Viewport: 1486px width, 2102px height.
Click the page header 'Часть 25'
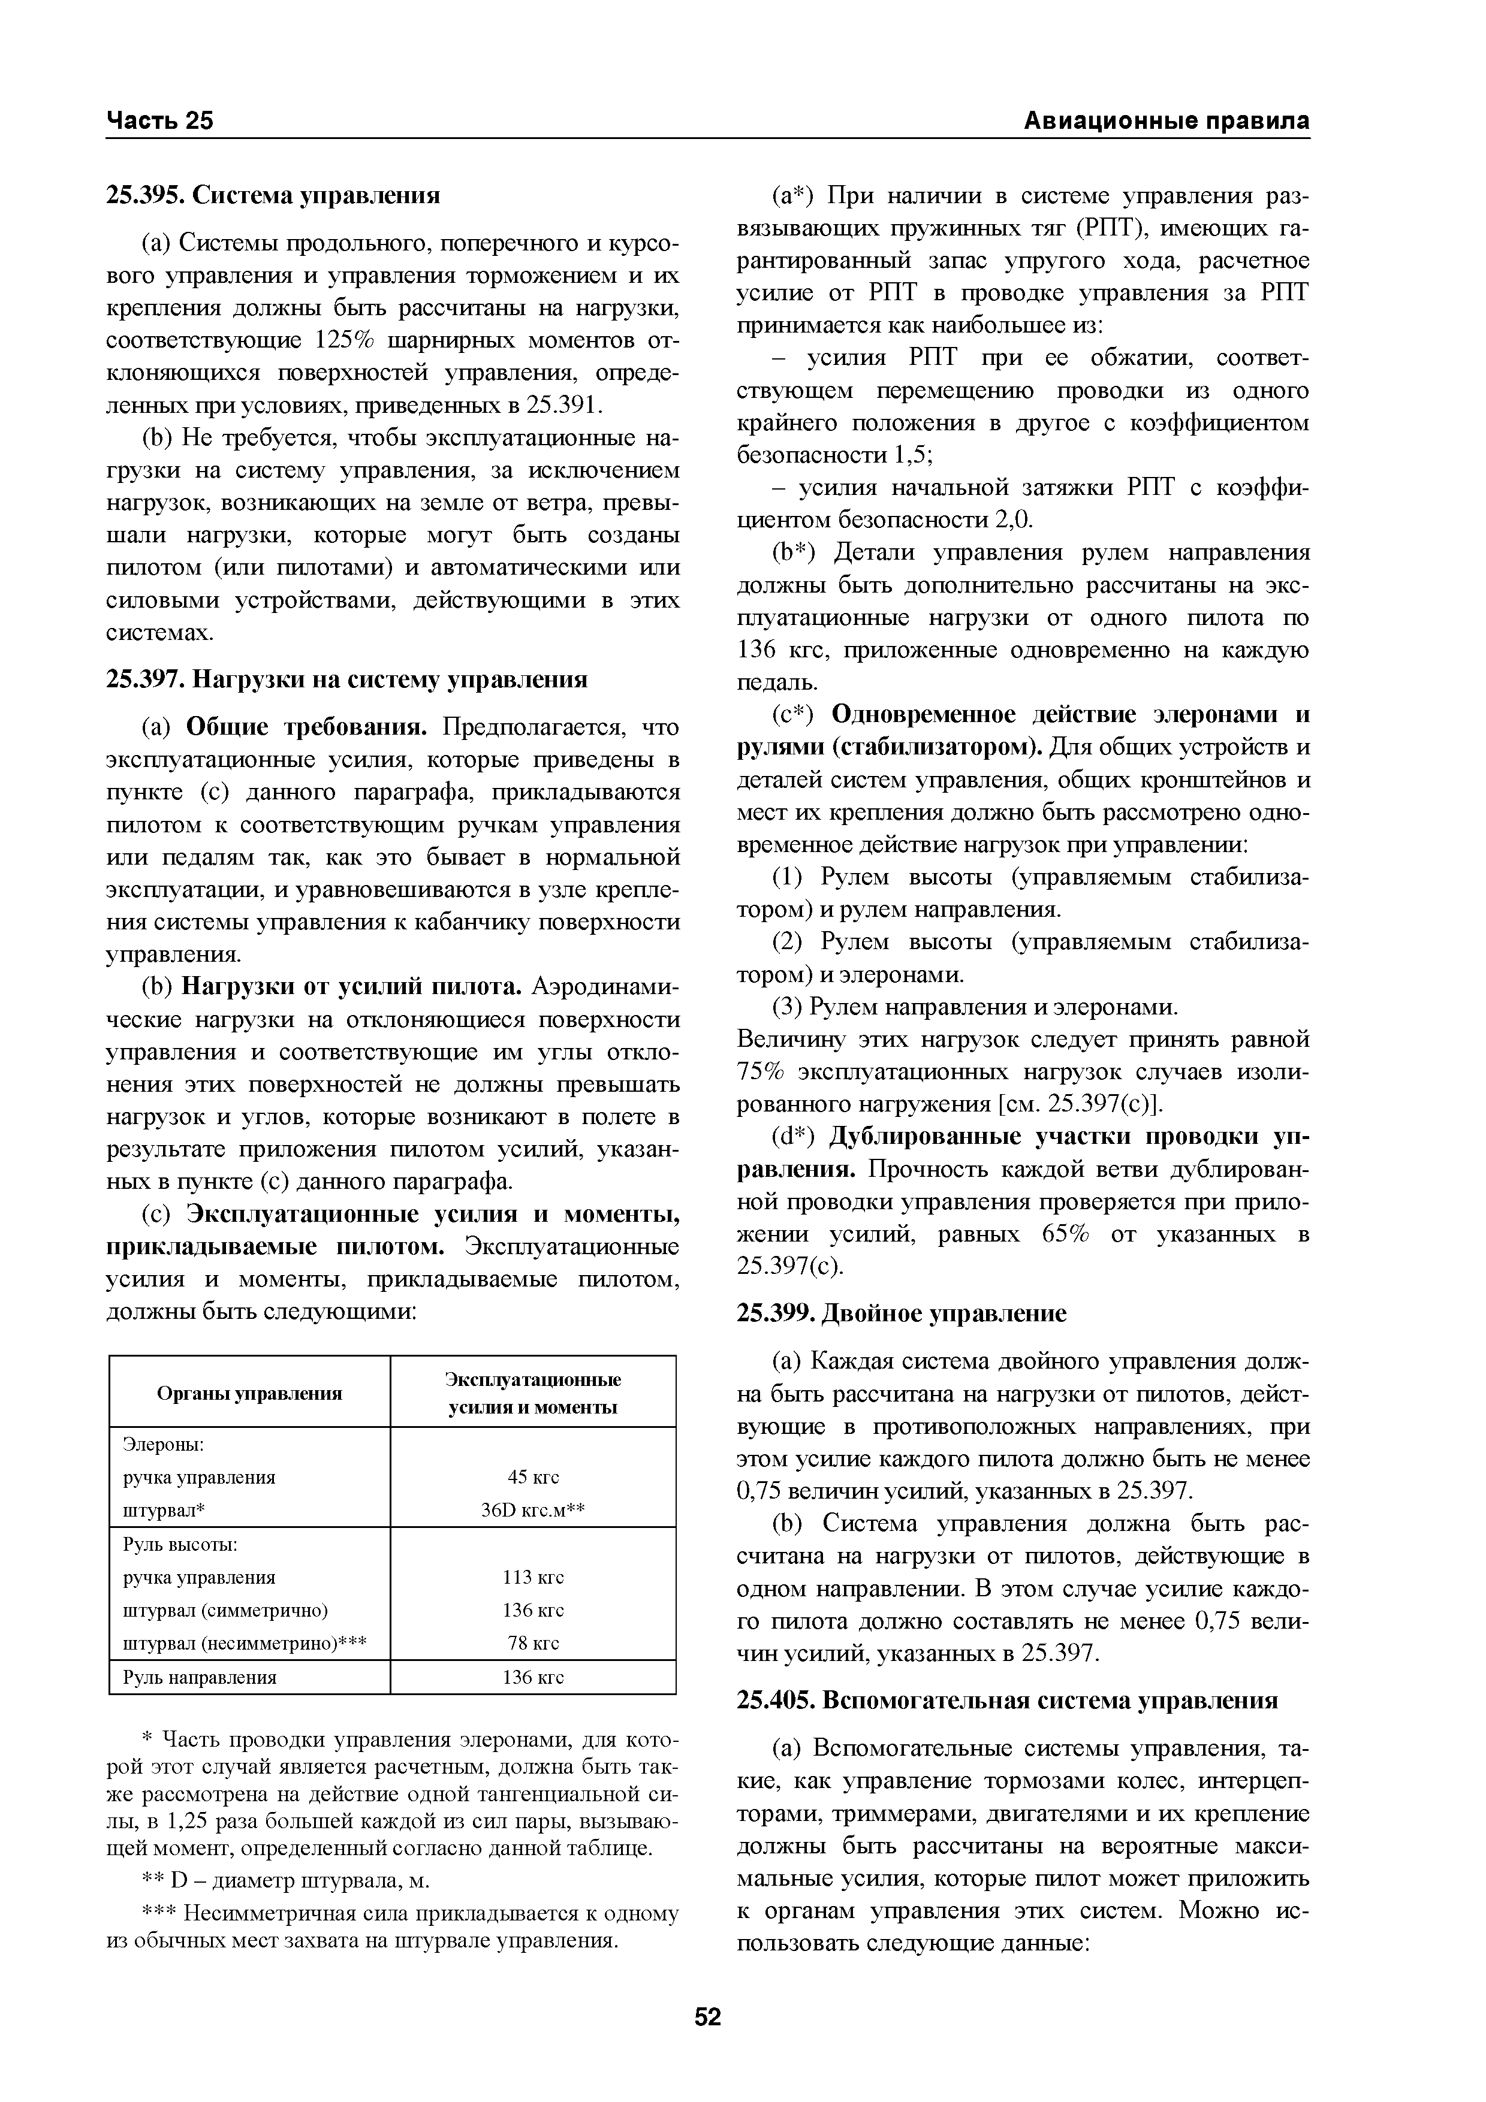[159, 121]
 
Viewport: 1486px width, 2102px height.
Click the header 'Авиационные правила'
[1165, 121]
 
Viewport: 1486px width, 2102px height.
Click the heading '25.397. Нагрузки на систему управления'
[347, 679]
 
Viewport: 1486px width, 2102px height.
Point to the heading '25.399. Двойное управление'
[902, 1313]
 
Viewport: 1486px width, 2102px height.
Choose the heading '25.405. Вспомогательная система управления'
[1007, 1700]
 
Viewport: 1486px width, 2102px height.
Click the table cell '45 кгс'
[533, 1476]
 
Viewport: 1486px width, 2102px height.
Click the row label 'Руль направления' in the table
[200, 1677]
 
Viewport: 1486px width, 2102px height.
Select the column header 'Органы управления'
[249, 1393]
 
